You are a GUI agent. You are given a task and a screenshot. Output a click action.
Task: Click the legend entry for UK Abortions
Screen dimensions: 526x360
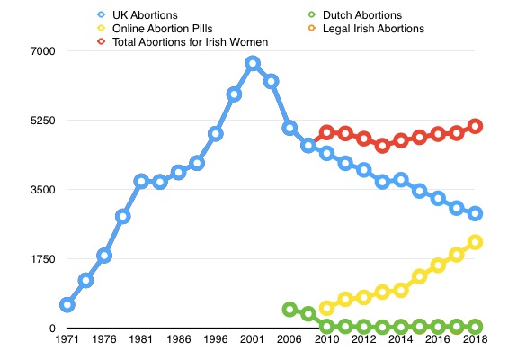[138, 15]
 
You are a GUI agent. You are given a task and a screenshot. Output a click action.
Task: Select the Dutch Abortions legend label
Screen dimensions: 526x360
[354, 15]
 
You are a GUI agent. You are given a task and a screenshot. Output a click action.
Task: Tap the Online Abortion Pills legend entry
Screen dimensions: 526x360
[155, 29]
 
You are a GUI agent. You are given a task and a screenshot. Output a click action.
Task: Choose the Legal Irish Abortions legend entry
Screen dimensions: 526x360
[366, 29]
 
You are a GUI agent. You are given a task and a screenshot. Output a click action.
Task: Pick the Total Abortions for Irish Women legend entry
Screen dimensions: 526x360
[183, 42]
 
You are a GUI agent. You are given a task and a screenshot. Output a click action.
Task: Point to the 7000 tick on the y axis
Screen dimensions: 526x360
[43, 51]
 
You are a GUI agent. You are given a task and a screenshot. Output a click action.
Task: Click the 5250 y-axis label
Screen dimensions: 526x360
[43, 121]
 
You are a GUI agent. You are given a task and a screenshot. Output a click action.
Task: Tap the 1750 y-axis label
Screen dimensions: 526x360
[43, 259]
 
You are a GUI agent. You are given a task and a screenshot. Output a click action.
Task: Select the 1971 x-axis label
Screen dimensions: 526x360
[67, 339]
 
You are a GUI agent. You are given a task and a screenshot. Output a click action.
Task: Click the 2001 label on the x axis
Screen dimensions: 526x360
[253, 339]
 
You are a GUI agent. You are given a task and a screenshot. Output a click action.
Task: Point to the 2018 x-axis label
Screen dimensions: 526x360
[475, 339]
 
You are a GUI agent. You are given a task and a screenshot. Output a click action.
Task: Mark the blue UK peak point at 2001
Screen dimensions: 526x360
[253, 64]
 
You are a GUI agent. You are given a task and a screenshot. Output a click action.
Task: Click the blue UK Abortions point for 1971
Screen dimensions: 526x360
[67, 305]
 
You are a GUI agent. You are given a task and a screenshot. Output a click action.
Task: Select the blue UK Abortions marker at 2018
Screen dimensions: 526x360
[476, 213]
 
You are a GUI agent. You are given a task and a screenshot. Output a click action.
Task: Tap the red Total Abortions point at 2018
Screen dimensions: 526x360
[476, 126]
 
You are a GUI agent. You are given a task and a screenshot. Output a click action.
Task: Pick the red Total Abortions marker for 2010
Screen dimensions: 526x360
[326, 133]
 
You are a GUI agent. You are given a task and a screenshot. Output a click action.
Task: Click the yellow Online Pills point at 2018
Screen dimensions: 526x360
[476, 242]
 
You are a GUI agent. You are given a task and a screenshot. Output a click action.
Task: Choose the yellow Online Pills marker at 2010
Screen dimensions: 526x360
[326, 308]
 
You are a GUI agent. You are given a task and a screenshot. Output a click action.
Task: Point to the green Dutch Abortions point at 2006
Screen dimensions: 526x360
[290, 310]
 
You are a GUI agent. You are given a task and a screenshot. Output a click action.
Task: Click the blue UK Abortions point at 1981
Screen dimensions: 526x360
[141, 181]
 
